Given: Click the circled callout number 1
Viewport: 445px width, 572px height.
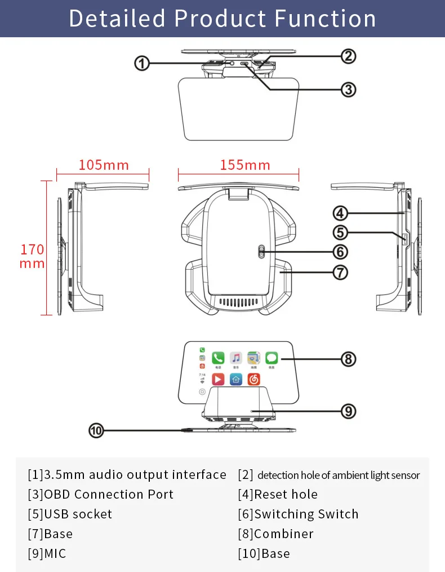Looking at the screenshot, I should tap(141, 64).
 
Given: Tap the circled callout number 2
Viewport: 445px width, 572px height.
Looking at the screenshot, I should tap(349, 56).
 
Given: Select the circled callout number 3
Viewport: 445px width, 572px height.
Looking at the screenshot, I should tap(349, 89).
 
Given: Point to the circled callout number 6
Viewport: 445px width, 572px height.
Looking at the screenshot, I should tap(341, 252).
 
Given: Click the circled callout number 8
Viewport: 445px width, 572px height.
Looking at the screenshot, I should tap(348, 359).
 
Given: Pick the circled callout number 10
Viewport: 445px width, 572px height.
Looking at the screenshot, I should tap(96, 430).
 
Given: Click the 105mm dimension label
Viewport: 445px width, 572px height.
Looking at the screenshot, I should tap(104, 165).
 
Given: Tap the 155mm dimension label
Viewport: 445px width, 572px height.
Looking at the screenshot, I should tap(245, 165).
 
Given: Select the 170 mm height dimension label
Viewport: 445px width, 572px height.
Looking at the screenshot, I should tap(32, 256).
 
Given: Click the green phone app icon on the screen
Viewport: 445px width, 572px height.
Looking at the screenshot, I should tap(218, 358).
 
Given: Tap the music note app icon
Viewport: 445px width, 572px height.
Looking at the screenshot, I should tap(236, 358).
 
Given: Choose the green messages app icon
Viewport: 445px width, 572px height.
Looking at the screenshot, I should tap(272, 358).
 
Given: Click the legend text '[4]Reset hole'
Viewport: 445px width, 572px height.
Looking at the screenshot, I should tap(278, 495).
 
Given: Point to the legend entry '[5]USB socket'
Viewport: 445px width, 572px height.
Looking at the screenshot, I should tap(70, 514).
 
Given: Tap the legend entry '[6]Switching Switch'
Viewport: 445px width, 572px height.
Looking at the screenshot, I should tap(298, 514).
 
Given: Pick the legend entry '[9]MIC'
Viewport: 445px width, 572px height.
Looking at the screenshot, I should tap(47, 554).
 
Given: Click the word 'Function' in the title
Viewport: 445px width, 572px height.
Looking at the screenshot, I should tap(326, 19).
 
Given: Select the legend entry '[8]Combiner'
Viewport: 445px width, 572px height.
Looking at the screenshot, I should tap(275, 534).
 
